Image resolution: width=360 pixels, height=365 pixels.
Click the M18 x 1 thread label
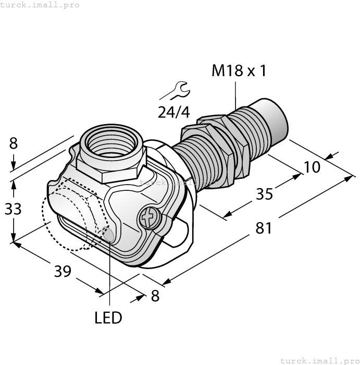(239, 71)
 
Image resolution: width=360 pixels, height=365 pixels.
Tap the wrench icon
(175, 91)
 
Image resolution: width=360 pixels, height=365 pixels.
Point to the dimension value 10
(312, 167)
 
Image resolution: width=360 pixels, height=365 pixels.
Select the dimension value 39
(63, 271)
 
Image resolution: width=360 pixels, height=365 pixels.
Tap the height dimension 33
(14, 209)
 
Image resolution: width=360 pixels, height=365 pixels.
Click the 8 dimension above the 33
(14, 143)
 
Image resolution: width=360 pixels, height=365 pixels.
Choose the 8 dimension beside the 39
(155, 296)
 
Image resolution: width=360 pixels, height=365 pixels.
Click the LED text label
(108, 318)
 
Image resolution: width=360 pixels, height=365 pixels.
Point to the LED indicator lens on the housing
(108, 235)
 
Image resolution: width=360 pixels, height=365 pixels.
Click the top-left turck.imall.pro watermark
(40, 5)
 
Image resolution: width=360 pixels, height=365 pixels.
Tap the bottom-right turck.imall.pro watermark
(319, 360)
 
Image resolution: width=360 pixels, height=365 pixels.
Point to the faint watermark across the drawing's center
(180, 183)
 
